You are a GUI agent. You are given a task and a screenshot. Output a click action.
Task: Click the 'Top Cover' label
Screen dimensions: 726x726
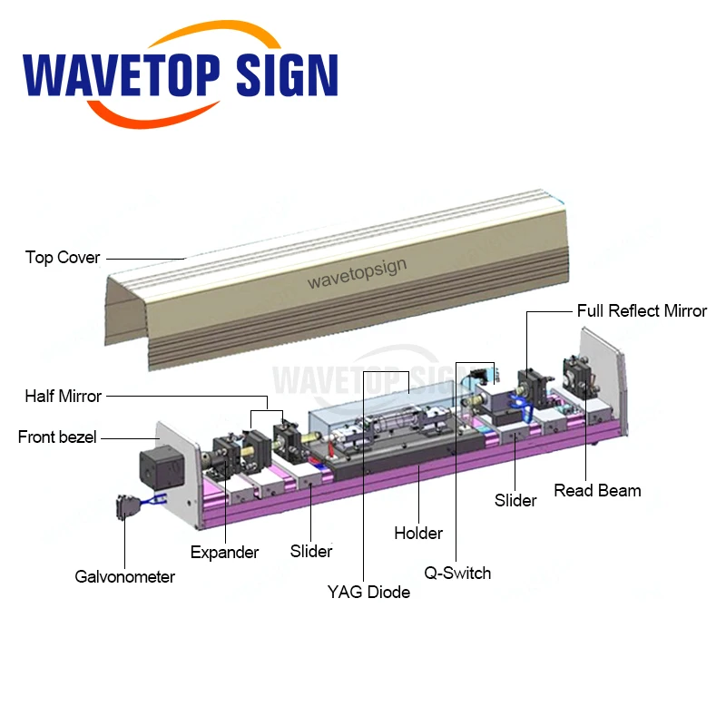pyautogui.click(x=63, y=258)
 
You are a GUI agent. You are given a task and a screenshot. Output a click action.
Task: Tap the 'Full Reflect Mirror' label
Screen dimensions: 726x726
pyautogui.click(x=642, y=311)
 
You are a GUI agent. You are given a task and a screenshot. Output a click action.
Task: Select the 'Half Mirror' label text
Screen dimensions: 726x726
pyautogui.click(x=64, y=396)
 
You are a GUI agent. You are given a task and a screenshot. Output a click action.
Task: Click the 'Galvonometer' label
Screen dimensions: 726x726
pyautogui.click(x=125, y=576)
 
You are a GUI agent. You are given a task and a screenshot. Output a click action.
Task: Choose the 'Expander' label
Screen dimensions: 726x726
pyautogui.click(x=224, y=552)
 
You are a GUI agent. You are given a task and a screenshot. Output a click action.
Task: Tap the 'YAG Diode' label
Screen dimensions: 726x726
pyautogui.click(x=368, y=593)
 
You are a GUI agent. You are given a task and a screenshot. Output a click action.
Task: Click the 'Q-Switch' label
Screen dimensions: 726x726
pyautogui.click(x=457, y=574)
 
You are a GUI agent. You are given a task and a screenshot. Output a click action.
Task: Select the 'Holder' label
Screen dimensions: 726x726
pyautogui.click(x=418, y=533)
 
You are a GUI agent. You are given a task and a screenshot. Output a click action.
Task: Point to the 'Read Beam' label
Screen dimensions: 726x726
pyautogui.click(x=598, y=491)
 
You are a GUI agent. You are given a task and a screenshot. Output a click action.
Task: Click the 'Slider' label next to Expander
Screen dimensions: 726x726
pyautogui.click(x=311, y=551)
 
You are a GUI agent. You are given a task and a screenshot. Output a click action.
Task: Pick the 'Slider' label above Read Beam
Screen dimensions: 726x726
pyautogui.click(x=515, y=500)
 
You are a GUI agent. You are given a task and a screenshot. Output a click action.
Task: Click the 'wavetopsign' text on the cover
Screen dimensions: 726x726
pyautogui.click(x=357, y=273)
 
